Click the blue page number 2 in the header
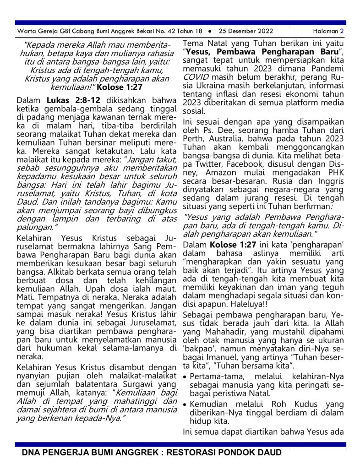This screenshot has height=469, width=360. click(x=342, y=31)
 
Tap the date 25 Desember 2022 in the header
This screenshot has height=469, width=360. click(x=245, y=31)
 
